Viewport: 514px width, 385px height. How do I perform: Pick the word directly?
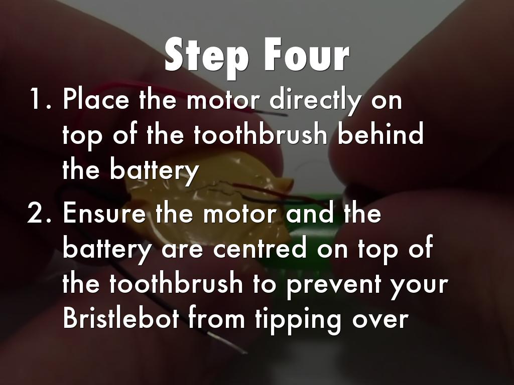pos(315,100)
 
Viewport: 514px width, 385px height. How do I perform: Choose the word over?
pos(380,320)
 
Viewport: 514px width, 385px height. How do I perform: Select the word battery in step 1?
pos(154,170)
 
